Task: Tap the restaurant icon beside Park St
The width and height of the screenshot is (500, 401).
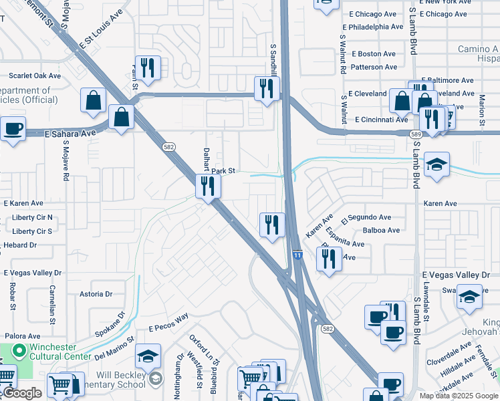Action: (208, 186)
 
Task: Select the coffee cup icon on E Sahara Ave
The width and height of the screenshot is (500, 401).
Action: (13, 128)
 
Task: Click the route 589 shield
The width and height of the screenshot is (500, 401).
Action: (416, 134)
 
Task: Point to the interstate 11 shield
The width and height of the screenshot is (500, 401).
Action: (296, 255)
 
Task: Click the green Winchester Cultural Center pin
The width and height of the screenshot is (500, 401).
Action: (19, 349)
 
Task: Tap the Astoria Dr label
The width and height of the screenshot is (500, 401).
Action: (96, 294)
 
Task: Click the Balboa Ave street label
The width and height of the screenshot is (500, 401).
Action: (381, 231)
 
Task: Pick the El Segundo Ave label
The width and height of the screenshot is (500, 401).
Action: (366, 217)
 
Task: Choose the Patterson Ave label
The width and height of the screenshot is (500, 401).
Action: (374, 67)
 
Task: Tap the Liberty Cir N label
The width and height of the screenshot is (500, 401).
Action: (32, 217)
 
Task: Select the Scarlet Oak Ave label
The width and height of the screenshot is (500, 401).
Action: (35, 76)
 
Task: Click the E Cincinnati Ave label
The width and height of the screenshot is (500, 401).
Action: (382, 120)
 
